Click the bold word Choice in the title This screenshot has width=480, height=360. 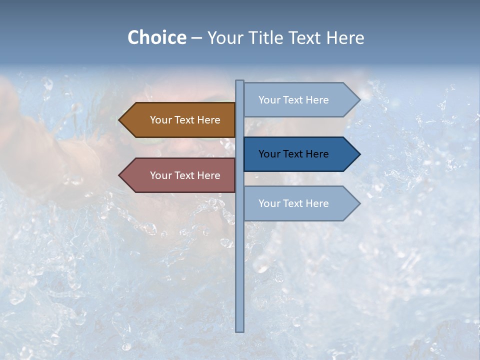156,37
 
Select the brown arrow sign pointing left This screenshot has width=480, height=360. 180,120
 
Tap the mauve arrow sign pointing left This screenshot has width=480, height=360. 180,175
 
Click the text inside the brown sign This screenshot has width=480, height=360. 185,120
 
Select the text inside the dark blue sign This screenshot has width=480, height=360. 293,154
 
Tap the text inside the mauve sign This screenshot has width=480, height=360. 185,175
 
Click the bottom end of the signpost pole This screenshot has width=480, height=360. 240,329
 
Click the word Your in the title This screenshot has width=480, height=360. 224,37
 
